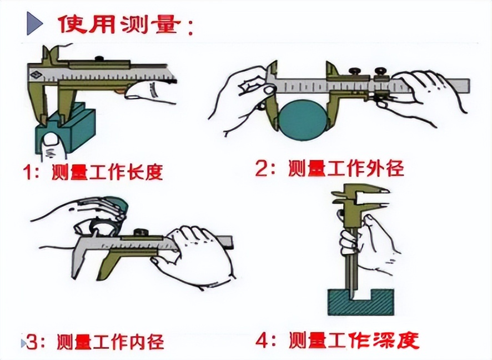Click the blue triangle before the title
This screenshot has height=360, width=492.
(x=34, y=23)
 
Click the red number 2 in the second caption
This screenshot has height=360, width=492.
(x=261, y=168)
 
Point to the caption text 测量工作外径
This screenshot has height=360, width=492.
(x=345, y=168)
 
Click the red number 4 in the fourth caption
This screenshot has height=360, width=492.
(x=263, y=338)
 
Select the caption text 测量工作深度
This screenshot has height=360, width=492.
(x=353, y=339)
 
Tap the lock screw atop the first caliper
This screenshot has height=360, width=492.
(x=100, y=58)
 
